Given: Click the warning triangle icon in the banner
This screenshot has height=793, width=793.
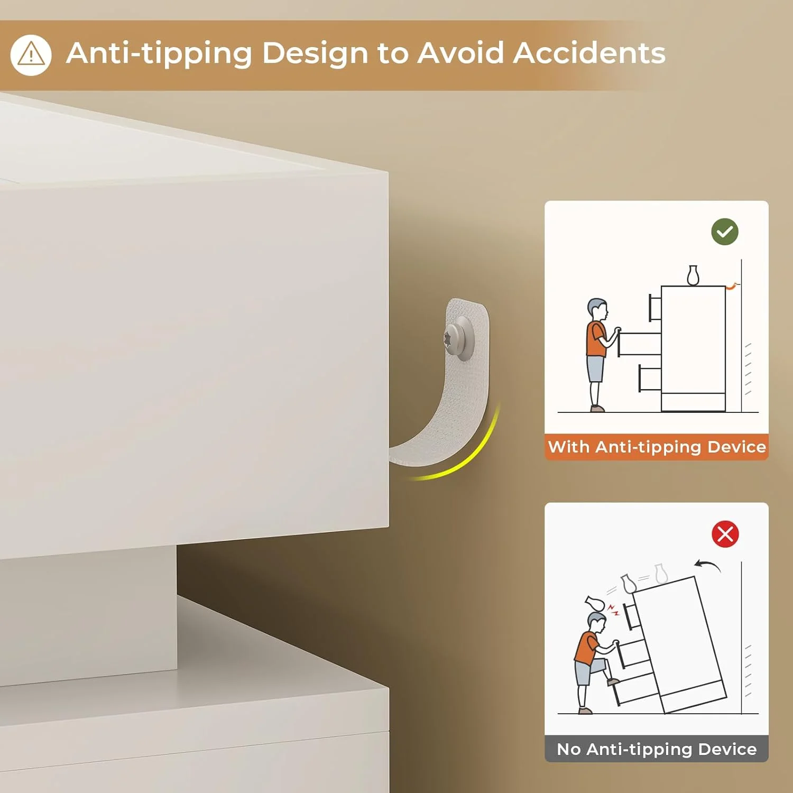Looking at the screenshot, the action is point(31,55).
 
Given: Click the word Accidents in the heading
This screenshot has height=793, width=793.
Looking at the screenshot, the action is point(589,53).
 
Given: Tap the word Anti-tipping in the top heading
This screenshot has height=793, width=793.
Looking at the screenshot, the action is point(159,54).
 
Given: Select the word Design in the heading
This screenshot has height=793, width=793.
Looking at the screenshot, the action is point(315,54).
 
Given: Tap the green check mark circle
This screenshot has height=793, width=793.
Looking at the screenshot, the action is point(725,232).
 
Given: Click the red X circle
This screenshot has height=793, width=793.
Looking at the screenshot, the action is point(725,534).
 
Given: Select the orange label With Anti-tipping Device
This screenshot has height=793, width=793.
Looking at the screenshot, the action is point(657,447).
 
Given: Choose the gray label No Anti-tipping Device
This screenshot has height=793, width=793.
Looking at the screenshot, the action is point(657,749).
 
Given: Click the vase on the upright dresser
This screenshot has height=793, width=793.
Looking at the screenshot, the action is point(693,275).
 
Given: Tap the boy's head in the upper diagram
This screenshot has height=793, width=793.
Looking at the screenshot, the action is point(597,309).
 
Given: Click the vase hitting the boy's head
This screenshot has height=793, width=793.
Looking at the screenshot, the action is point(596,603).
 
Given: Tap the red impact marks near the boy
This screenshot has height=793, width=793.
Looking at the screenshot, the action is point(613,611).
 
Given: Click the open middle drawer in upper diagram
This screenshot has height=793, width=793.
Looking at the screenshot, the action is point(639,343).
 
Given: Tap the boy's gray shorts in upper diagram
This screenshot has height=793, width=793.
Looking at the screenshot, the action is point(595,369).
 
